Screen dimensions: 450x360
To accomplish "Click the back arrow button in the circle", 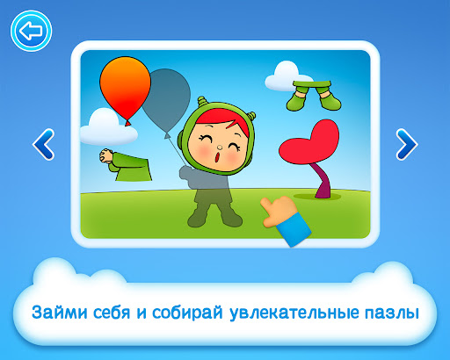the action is point(31,31).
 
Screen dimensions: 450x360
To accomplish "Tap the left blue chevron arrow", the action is point(43,144).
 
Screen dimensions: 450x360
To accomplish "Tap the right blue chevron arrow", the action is point(407,144).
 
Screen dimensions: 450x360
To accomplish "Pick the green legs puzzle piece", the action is point(314,96).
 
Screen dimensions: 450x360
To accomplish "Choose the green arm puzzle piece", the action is point(126,165).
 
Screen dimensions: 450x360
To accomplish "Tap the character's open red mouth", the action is point(218,157).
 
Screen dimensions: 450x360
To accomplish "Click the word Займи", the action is point(60,312).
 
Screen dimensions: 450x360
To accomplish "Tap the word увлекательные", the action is point(294,313).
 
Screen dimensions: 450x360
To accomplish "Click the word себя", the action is point(112,312).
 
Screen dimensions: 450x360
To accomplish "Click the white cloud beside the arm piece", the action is point(107,129).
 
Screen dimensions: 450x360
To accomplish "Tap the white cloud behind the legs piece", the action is point(283,76).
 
